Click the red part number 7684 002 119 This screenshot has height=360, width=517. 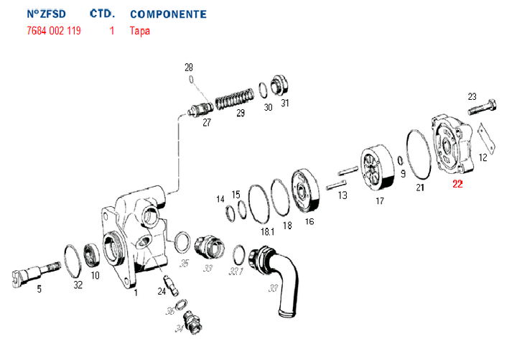point(53,31)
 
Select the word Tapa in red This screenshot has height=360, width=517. point(140,31)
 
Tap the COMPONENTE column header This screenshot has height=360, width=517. point(168,14)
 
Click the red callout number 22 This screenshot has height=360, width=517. point(457,184)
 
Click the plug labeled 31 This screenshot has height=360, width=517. point(279,86)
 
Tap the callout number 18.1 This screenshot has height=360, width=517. point(268,232)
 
